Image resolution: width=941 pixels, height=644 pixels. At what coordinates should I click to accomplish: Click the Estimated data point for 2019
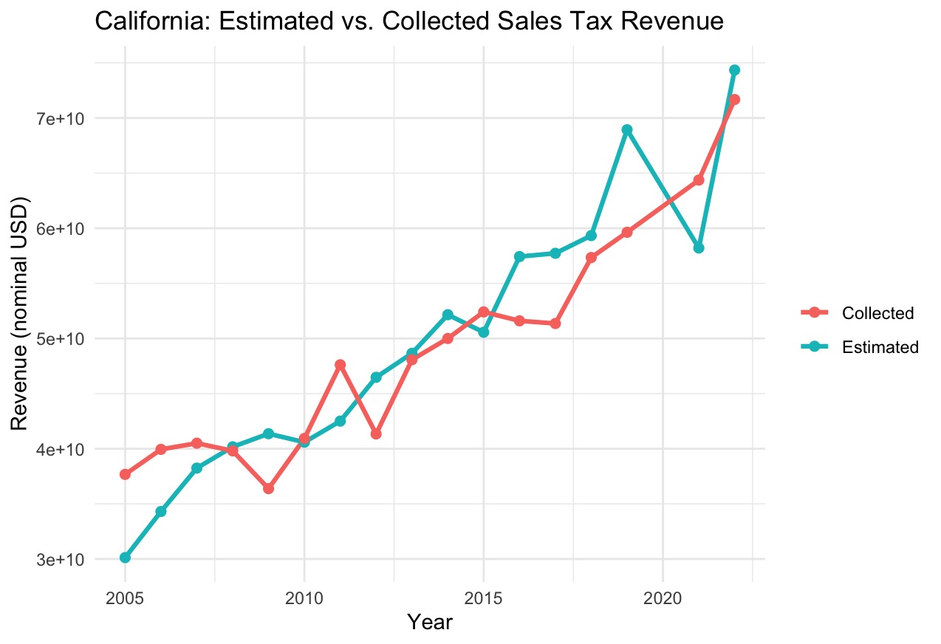(627, 130)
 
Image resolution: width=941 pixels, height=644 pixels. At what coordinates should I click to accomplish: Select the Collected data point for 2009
(269, 489)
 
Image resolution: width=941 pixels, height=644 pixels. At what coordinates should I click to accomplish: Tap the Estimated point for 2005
(126, 558)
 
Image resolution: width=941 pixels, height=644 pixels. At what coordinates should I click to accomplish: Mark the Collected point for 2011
(341, 365)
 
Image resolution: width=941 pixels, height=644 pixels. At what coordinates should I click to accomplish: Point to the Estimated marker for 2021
(699, 248)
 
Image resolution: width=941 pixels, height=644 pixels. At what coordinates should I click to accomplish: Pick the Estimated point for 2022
(734, 70)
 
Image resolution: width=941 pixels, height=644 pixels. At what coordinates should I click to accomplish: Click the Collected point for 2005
(126, 474)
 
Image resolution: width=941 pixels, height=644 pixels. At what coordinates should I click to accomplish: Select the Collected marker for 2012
(376, 434)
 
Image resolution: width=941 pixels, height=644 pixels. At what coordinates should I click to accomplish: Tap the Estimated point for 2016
(519, 256)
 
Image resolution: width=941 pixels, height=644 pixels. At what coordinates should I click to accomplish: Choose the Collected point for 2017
(555, 323)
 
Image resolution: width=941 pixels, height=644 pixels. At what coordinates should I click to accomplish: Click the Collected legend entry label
(877, 313)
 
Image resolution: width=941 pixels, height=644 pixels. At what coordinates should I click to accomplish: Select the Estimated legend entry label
(880, 347)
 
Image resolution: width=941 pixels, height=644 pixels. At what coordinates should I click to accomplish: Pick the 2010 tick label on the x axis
(304, 596)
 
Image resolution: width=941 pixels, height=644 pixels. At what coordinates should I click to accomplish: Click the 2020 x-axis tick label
(663, 596)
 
